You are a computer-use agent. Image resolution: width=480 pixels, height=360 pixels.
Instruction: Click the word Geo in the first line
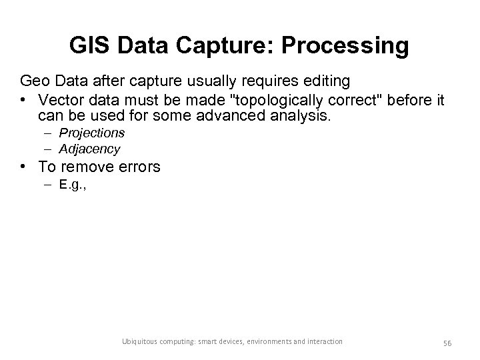[x=34, y=81]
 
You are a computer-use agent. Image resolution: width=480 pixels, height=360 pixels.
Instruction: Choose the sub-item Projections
[x=92, y=133]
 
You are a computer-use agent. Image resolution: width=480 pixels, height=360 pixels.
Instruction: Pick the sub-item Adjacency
[x=89, y=149]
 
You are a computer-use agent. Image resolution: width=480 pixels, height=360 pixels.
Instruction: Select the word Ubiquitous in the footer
[x=137, y=341]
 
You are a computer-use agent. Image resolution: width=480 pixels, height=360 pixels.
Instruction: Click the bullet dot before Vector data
[x=25, y=99]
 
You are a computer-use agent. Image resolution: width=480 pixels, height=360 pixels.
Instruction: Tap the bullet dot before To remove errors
[x=25, y=167]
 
